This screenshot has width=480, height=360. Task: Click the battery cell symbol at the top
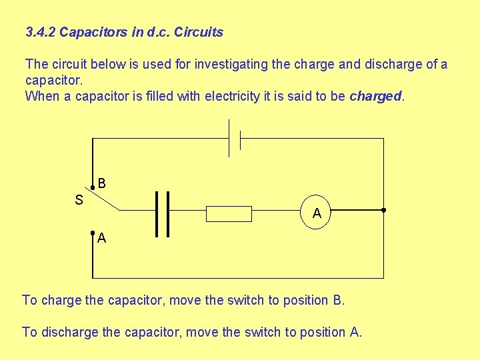tap(235, 139)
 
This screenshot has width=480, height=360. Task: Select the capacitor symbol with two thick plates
tap(162, 214)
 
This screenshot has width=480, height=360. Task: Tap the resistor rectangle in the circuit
tap(229, 213)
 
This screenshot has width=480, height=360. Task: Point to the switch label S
tap(79, 200)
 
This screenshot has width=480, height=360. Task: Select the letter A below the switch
tap(101, 238)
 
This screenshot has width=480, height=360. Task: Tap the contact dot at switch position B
tap(93, 189)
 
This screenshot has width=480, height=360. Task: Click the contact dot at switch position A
tap(93, 234)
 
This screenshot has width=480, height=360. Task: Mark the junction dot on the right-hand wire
tap(384, 210)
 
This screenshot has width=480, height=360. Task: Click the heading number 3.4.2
tap(41, 32)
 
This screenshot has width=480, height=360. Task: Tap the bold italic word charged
tap(375, 96)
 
